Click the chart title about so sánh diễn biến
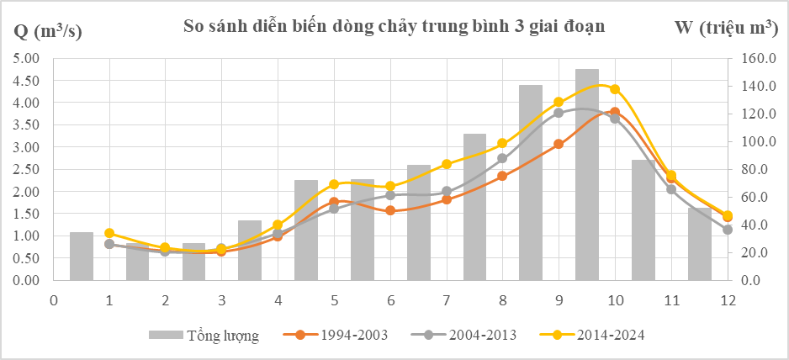pos(394,26)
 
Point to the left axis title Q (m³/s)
pos(49,31)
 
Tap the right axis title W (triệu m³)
pos(725,28)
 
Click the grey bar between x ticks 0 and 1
pos(82,256)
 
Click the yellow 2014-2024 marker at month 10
pos(615,89)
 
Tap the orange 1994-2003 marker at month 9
pos(559,144)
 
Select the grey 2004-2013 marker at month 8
pos(502,158)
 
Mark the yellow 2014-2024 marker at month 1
pos(109,233)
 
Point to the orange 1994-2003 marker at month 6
pos(390,210)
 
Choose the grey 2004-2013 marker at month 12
pos(728,230)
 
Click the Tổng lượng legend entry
pos(204,336)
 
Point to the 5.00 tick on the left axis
pos(28,59)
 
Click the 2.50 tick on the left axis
pos(28,169)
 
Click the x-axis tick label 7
pos(447,301)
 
